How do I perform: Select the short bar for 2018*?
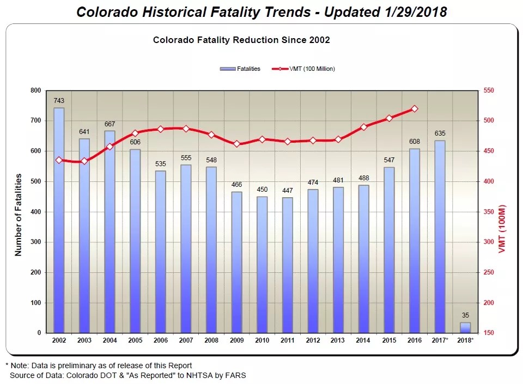[465, 327]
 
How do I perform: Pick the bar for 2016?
[415, 240]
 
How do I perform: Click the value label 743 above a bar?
[59, 101]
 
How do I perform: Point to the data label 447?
[287, 191]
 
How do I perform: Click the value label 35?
[465, 315]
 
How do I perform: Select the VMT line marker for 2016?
[415, 109]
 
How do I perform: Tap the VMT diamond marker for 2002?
[59, 160]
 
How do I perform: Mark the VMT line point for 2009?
[236, 144]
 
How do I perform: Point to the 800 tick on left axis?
[35, 90]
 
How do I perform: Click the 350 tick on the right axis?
[489, 211]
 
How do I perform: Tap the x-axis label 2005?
[135, 340]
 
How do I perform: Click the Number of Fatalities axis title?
[18, 215]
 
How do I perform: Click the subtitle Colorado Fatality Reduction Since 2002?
[241, 40]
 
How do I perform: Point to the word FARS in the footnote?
[236, 375]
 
